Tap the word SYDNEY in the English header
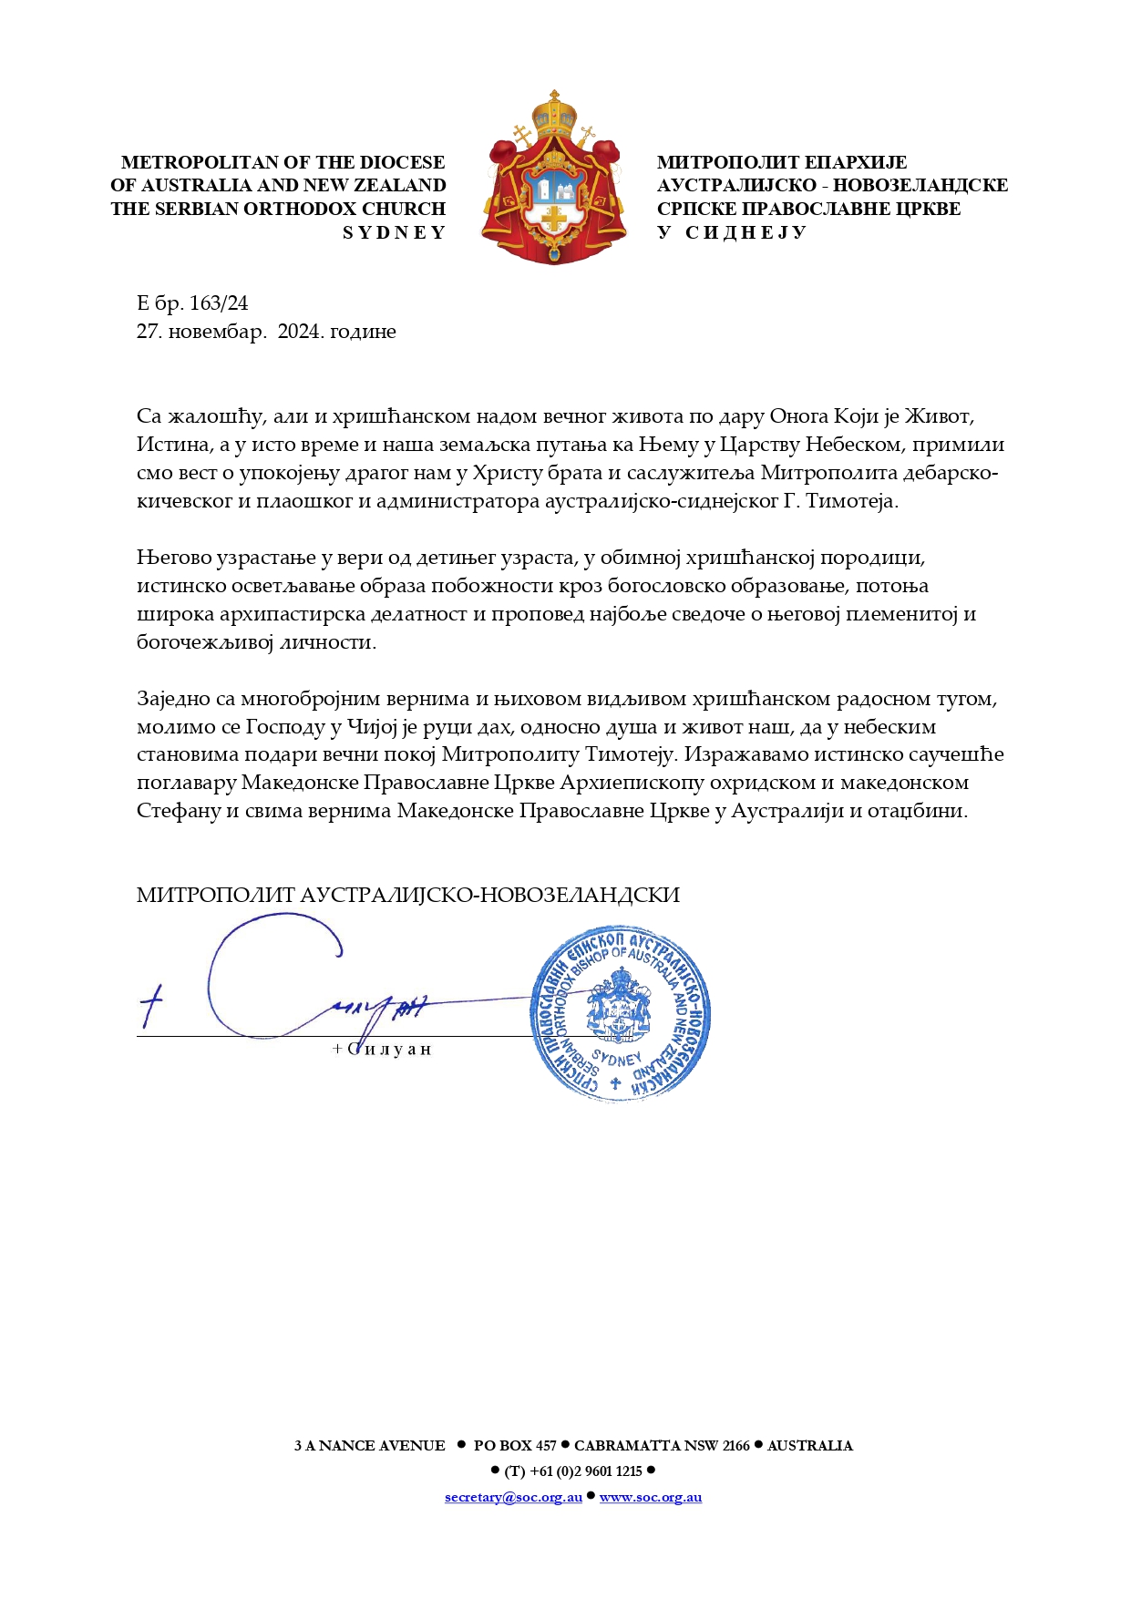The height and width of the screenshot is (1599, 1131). pos(394,233)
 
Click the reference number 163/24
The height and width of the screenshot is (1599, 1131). pos(219,303)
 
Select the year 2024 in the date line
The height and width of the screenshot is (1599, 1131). pos(300,332)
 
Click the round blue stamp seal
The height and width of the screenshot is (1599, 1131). pos(620,1015)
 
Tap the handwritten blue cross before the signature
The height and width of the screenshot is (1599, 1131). pos(151,1005)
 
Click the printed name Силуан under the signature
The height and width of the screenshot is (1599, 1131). pos(388,1050)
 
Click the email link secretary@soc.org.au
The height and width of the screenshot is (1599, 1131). pos(513,1497)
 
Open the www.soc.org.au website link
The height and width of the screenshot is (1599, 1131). pos(651,1497)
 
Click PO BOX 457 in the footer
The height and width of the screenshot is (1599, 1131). pos(515,1446)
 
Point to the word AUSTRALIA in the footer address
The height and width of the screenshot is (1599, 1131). pos(810,1446)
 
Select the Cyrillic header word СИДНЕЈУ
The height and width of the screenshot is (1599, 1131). pos(745,233)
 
